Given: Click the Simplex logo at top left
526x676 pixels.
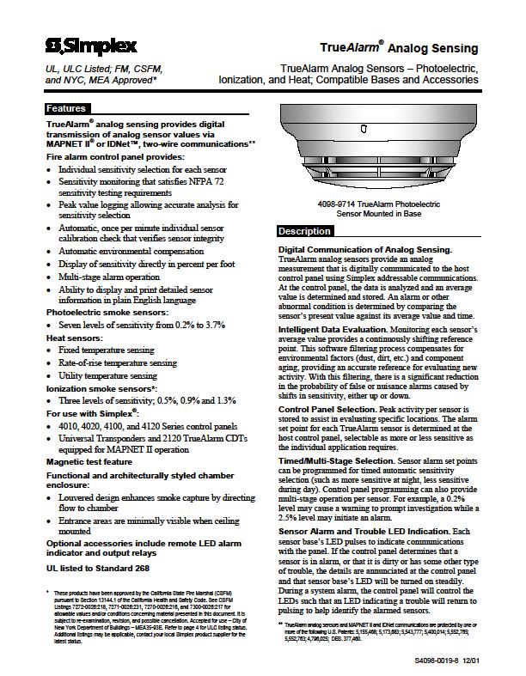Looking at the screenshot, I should [83, 44].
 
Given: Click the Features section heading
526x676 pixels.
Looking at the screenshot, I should [66, 109].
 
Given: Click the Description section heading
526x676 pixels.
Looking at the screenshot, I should [304, 232].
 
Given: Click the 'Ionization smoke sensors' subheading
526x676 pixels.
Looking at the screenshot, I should [100, 387].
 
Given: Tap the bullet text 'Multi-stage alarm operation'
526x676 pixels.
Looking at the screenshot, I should [109, 277].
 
